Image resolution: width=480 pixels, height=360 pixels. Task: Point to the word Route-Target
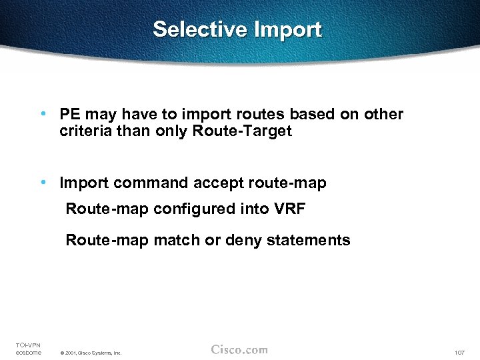tap(242, 131)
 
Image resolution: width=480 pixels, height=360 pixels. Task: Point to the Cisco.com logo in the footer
tap(239, 350)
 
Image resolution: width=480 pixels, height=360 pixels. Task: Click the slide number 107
tap(459, 352)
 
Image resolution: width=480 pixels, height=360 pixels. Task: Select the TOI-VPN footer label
tap(28, 345)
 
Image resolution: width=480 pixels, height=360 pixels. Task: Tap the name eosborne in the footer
tap(29, 352)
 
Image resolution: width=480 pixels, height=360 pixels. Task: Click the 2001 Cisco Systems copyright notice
tap(90, 353)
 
